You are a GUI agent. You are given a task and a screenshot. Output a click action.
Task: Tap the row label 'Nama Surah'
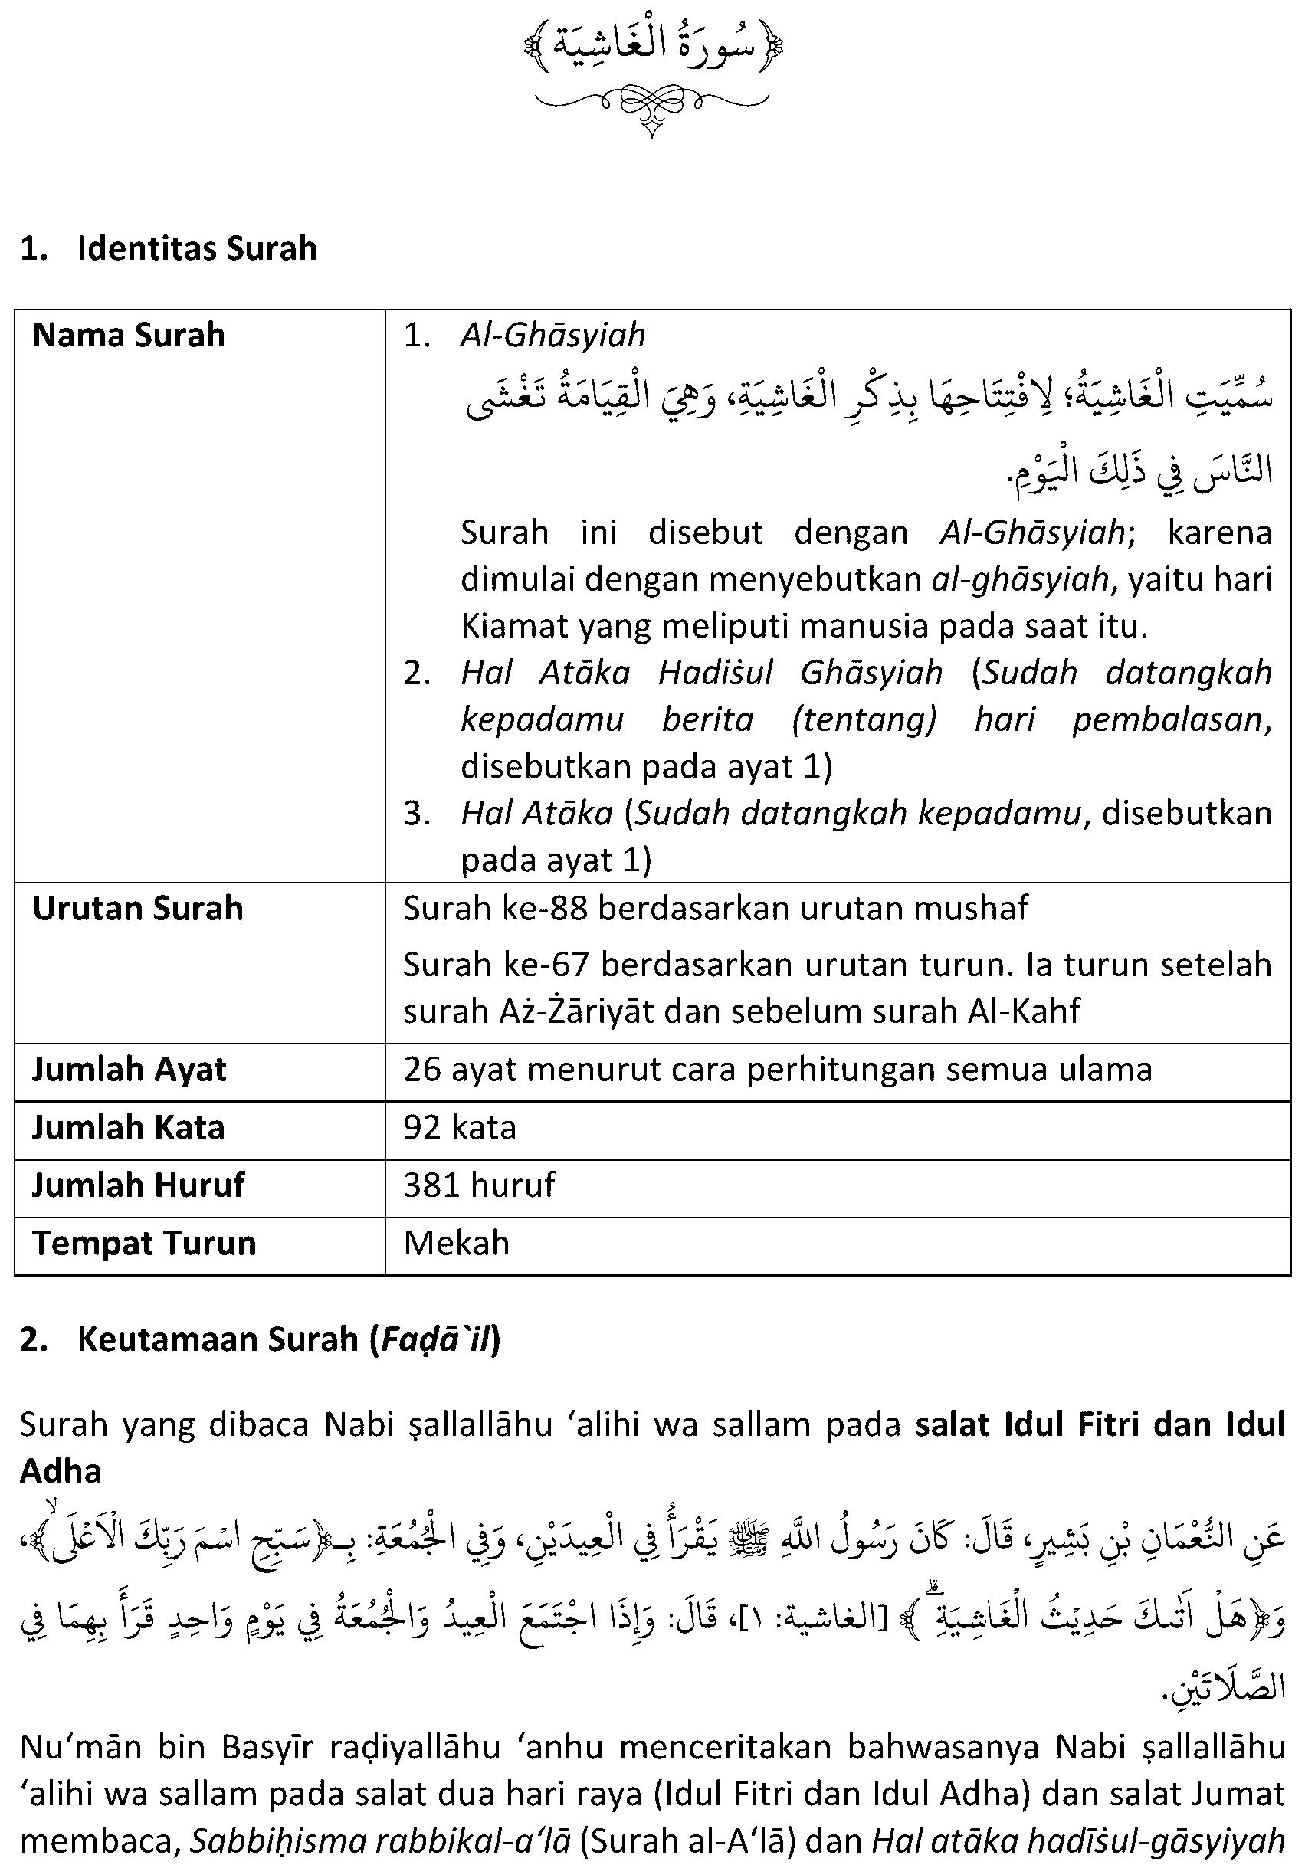(x=129, y=336)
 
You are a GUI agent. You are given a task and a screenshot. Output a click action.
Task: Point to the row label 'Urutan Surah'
(x=137, y=908)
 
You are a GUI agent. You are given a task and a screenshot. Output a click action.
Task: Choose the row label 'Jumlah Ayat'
(x=129, y=1069)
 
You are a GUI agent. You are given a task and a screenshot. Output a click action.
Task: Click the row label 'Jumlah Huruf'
(x=137, y=1185)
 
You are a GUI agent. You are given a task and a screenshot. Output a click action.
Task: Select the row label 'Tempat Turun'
(x=144, y=1243)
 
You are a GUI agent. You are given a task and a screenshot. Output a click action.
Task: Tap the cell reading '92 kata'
(x=460, y=1127)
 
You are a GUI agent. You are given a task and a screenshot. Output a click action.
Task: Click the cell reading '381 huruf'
(x=479, y=1185)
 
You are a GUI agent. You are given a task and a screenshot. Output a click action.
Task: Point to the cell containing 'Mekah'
(x=457, y=1243)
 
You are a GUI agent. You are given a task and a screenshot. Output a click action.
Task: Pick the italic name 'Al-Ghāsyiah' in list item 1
(x=552, y=336)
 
